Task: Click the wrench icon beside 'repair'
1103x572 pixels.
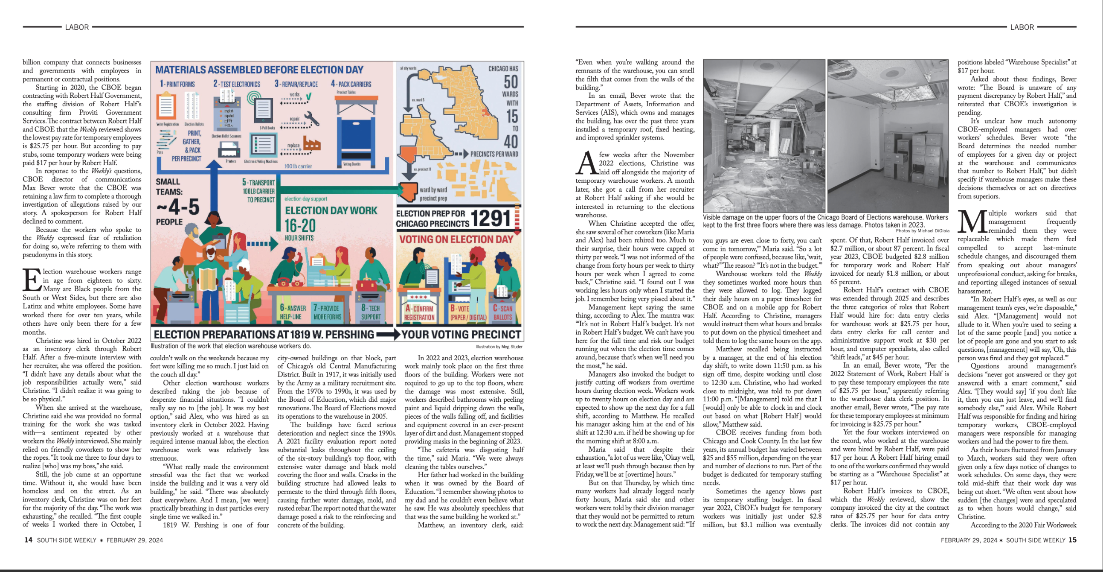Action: click(x=312, y=119)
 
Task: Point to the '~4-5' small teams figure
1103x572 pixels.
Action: click(x=178, y=207)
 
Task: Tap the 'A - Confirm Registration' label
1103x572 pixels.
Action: click(x=419, y=313)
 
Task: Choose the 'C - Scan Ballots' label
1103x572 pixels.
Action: click(x=502, y=313)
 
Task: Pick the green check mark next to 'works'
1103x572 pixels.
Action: click(x=308, y=96)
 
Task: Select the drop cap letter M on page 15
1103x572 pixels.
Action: click(x=972, y=222)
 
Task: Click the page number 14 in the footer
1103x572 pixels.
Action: click(x=28, y=540)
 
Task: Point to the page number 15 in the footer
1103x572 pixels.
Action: click(x=1072, y=540)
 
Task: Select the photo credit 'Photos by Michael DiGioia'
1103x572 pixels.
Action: click(x=922, y=231)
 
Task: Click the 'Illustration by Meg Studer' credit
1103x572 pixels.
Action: click(x=499, y=347)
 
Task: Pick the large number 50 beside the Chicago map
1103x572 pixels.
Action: click(x=511, y=82)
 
